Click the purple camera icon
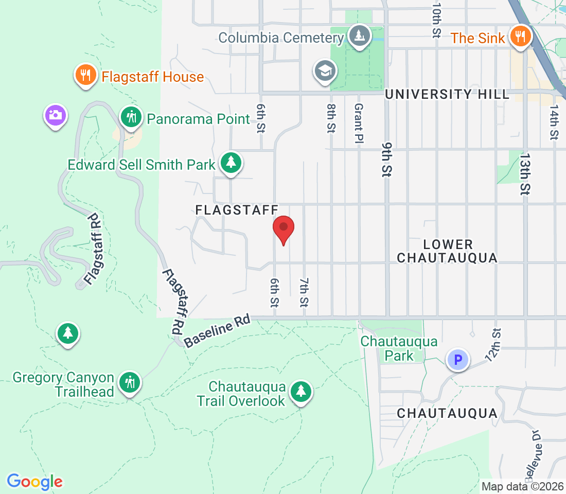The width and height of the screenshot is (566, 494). click(x=56, y=115)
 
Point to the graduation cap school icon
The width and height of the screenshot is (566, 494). click(x=326, y=72)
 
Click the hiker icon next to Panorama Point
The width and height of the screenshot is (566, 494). click(x=132, y=118)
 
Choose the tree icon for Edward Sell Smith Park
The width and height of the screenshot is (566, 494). click(x=231, y=163)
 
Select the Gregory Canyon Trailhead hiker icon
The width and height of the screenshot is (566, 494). click(x=129, y=383)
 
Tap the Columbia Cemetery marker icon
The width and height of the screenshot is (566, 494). click(x=358, y=37)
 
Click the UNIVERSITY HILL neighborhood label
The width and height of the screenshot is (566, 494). click(x=447, y=94)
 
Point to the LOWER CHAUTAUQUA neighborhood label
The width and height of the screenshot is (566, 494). click(x=447, y=251)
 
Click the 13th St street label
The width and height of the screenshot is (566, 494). click(x=524, y=173)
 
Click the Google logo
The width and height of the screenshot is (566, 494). click(x=34, y=482)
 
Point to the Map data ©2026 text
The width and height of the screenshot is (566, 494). click(x=522, y=486)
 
